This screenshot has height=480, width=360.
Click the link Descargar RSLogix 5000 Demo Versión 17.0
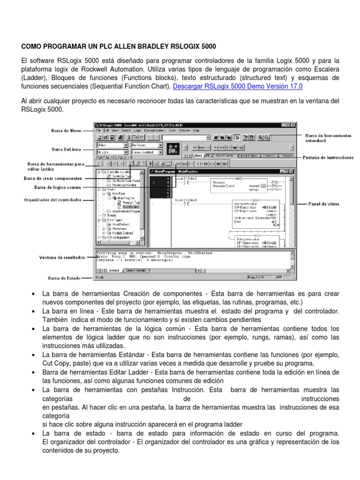point(238,87)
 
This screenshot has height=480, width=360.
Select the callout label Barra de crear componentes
point(52,178)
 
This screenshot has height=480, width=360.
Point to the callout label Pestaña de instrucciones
point(328,158)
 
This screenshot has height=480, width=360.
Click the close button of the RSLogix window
point(293,125)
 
